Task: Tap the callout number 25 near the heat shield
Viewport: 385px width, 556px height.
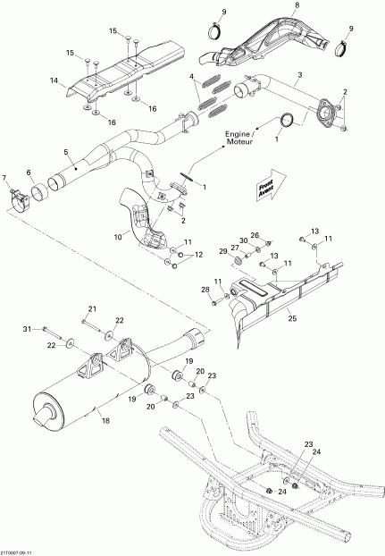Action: point(291,316)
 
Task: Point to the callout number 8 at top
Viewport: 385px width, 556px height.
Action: point(297,7)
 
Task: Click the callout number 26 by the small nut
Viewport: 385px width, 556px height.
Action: point(255,234)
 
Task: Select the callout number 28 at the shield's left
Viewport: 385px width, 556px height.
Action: point(204,290)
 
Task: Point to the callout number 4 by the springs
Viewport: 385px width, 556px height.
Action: point(192,79)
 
